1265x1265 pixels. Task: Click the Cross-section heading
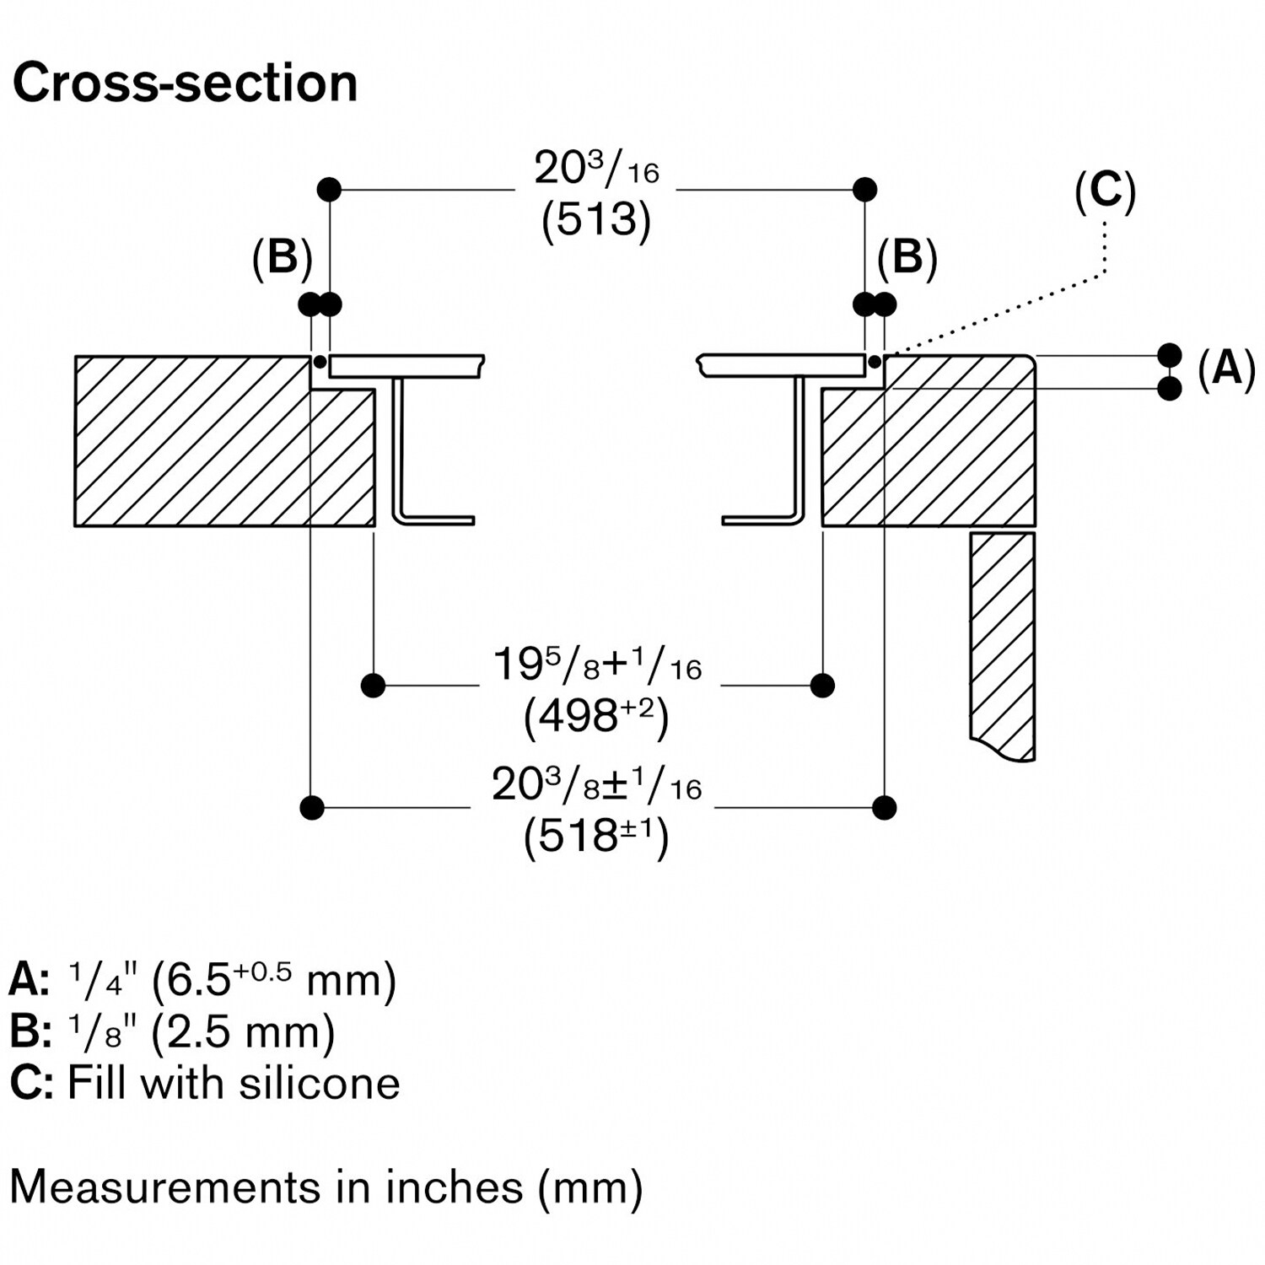[x=185, y=83]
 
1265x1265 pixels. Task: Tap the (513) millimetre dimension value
[x=596, y=220]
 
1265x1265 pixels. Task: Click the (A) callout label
[x=1226, y=369]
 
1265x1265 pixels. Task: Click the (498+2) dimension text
[x=596, y=718]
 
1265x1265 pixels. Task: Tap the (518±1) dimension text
[x=596, y=837]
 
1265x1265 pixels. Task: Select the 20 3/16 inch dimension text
[x=596, y=169]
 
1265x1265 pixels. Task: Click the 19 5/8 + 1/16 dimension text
[x=596, y=665]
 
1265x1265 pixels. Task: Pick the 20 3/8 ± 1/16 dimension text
[x=596, y=785]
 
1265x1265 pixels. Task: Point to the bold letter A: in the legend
[x=29, y=981]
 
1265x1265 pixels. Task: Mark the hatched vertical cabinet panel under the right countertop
[x=1003, y=641]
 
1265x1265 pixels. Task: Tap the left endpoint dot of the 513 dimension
[x=329, y=190]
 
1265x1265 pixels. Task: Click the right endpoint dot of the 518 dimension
[x=884, y=808]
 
